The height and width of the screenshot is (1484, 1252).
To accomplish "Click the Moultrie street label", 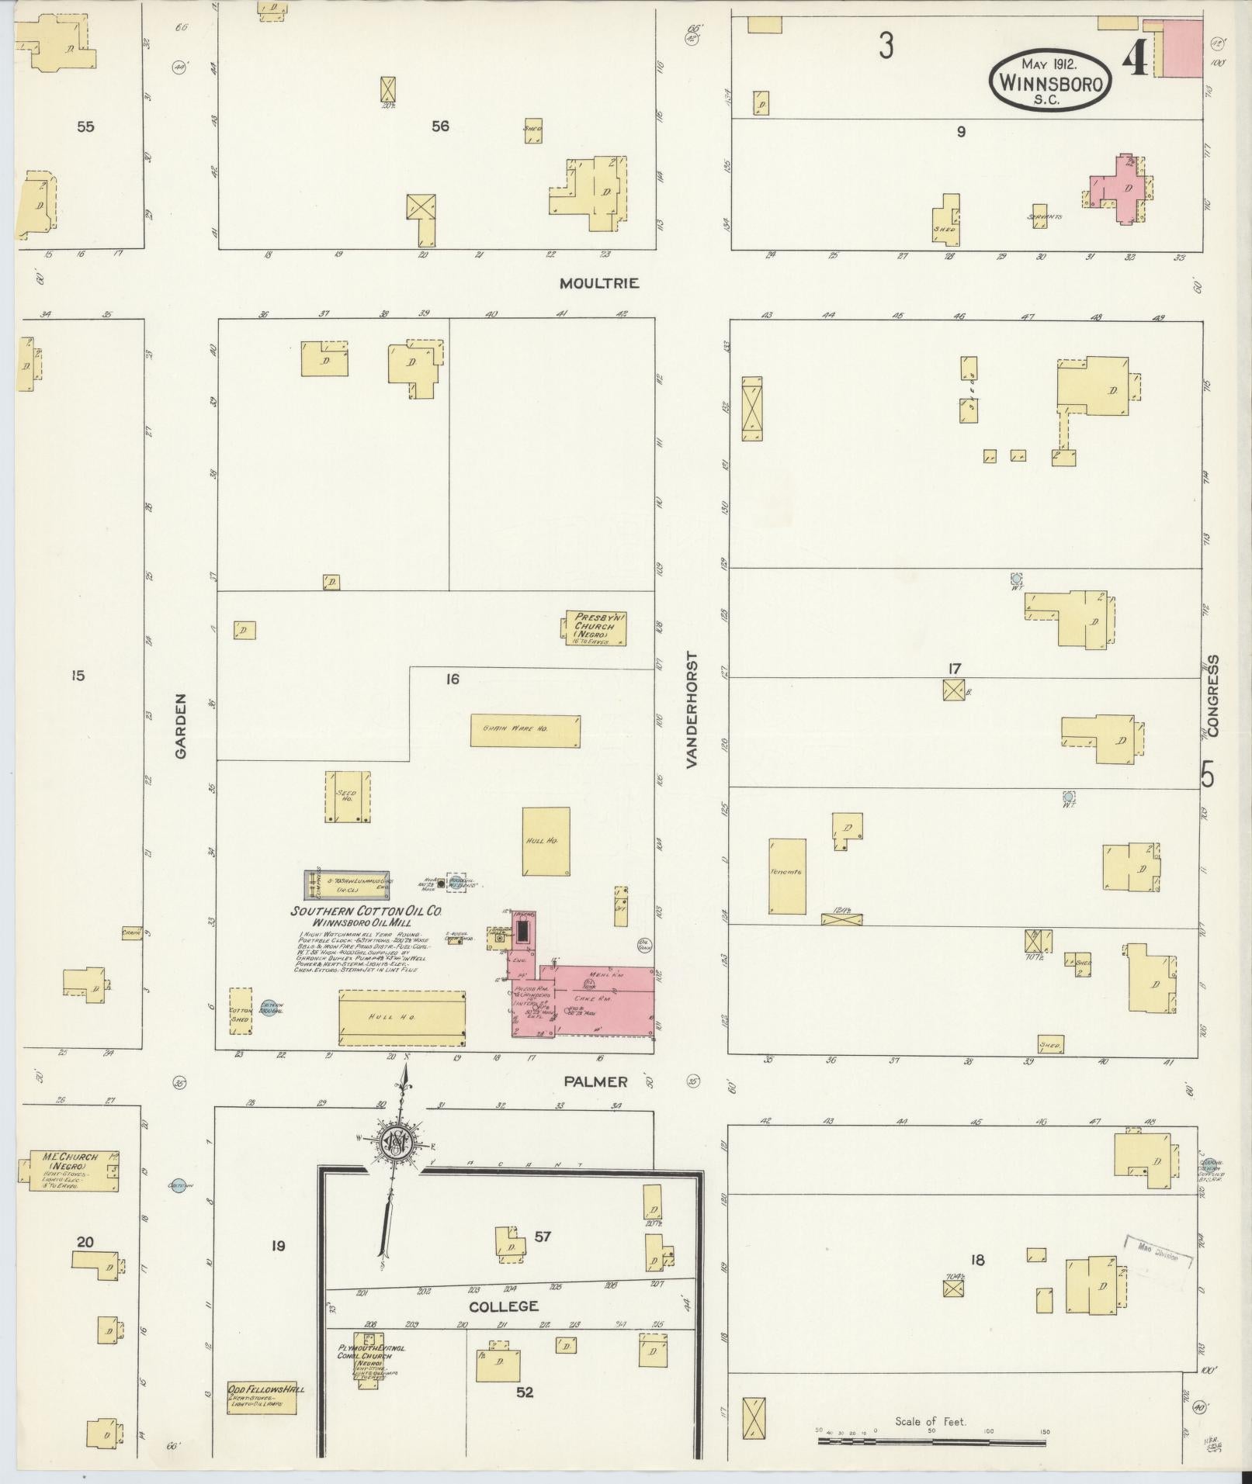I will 600,284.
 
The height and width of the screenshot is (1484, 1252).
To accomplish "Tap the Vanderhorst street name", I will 692,710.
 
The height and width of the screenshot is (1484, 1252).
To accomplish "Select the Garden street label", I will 182,725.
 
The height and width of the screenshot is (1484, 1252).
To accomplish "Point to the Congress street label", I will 1213,696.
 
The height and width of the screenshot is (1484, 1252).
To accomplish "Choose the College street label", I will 503,1306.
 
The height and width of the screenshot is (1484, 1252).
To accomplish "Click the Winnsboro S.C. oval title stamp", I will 1050,81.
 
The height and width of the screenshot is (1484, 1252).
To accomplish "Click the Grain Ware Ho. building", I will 525,730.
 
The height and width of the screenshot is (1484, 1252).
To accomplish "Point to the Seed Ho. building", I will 347,797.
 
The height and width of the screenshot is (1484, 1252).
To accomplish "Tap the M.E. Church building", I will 70,1171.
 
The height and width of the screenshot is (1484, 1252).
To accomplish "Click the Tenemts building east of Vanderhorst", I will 787,876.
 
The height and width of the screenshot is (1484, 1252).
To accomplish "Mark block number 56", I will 440,126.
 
